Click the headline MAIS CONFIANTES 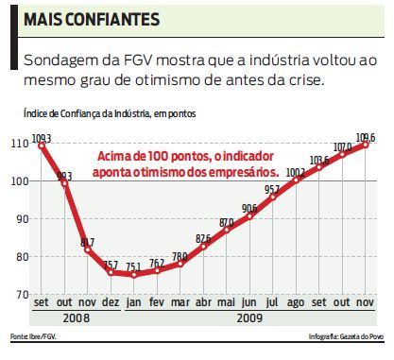91,20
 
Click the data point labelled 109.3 43,146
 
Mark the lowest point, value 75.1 133,275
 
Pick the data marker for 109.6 366,144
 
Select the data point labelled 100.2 296,180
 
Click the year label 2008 76,318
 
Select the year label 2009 249,318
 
